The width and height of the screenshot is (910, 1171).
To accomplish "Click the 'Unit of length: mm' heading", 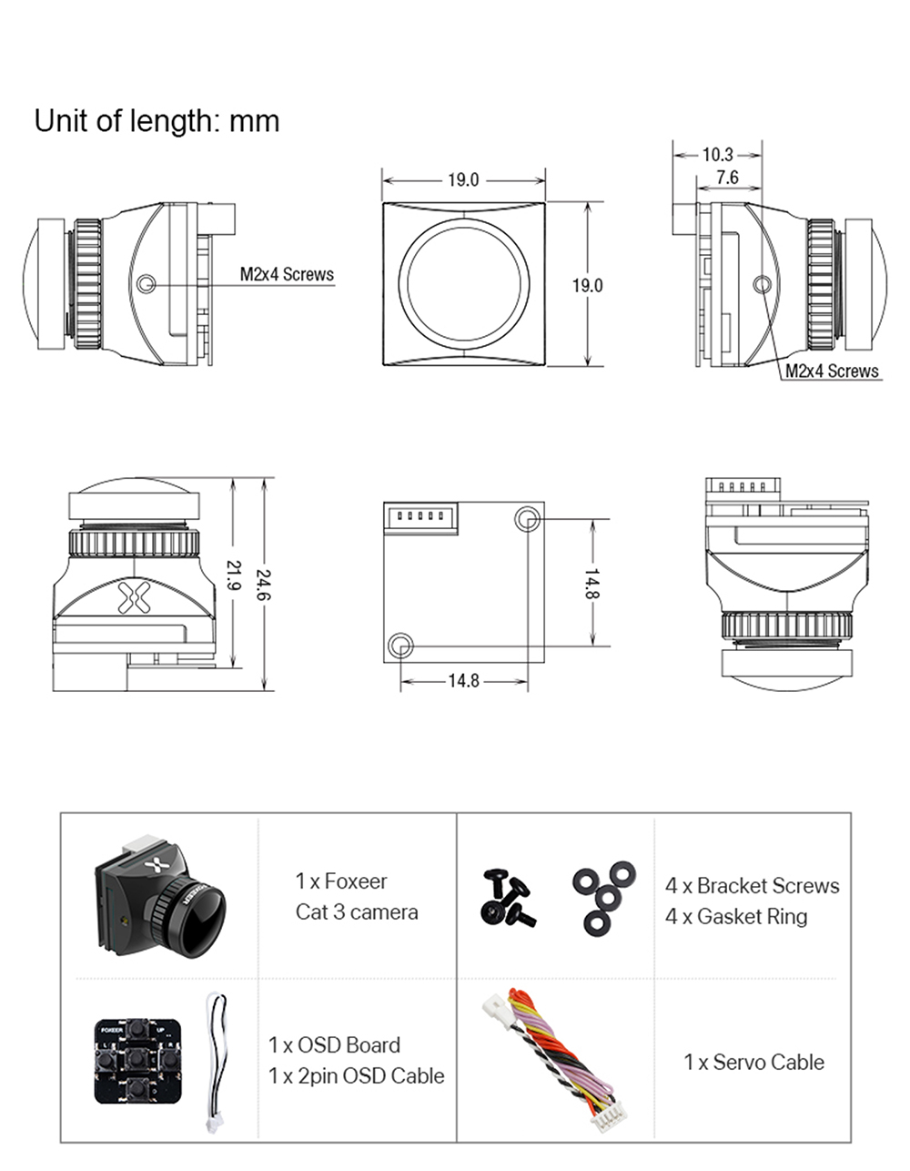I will pyautogui.click(x=157, y=121).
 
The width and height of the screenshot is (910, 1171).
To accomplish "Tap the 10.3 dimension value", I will pyautogui.click(x=718, y=155).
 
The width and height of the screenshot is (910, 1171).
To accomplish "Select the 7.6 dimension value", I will pyautogui.click(x=727, y=178).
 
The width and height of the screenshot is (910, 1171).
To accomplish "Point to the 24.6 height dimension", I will pyautogui.click(x=265, y=584).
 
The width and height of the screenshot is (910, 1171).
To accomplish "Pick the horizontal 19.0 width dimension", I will pyautogui.click(x=463, y=179).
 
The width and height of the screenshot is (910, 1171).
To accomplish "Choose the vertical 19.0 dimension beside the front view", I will pyautogui.click(x=587, y=285).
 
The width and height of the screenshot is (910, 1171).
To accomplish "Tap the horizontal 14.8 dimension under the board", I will pyautogui.click(x=463, y=680).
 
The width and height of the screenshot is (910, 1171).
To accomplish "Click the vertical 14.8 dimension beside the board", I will pyautogui.click(x=591, y=583).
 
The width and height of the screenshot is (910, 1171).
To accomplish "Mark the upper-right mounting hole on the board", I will pyautogui.click(x=527, y=520).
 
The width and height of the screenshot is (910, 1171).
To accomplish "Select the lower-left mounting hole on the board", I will pyautogui.click(x=399, y=646).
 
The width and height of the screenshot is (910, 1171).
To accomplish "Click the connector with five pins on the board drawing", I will pyautogui.click(x=420, y=517).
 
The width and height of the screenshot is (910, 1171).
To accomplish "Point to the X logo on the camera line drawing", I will pyautogui.click(x=133, y=596).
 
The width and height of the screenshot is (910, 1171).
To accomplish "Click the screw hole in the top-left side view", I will pyautogui.click(x=146, y=285).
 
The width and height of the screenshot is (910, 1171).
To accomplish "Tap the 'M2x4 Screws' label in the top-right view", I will pyautogui.click(x=832, y=371).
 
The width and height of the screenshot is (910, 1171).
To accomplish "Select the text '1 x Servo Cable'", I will pyautogui.click(x=753, y=1062).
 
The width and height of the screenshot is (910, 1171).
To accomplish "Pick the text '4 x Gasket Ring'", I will pyautogui.click(x=736, y=916).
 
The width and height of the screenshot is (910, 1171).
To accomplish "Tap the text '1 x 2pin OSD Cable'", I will pyautogui.click(x=356, y=1075).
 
